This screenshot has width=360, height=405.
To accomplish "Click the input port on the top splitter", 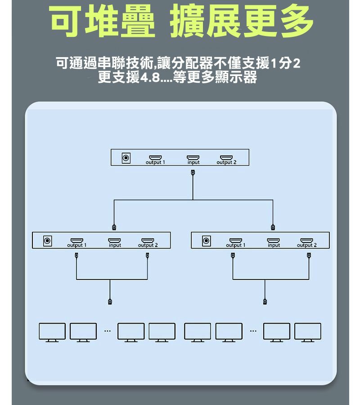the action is tap(193, 157).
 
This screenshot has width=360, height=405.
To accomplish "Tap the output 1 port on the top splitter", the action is tap(155, 157).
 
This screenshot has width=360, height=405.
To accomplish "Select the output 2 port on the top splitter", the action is tap(226, 157).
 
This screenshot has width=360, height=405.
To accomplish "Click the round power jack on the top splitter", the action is tap(126, 158).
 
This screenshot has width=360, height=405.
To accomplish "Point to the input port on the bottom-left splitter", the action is tap(114, 240).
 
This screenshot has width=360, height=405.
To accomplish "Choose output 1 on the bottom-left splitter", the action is tap(76, 240).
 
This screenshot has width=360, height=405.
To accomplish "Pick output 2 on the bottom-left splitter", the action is tap(148, 240).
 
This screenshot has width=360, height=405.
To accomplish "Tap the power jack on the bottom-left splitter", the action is tap(47, 241).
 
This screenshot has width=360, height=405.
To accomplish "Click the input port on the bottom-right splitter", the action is tap(273, 240).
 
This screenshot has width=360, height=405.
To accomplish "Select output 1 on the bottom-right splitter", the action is tap(236, 240).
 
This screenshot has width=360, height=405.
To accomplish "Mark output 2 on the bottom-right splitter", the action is tap(306, 240).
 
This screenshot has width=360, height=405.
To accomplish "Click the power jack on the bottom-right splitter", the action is tap(206, 241).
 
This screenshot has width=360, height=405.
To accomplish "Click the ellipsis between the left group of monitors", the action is tap(108, 331).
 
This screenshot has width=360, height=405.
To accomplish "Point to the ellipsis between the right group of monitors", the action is tap(253, 331).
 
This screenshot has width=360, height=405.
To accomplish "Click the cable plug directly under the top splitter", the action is tap(193, 172).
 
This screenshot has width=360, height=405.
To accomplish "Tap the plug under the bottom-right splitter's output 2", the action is tap(309, 255).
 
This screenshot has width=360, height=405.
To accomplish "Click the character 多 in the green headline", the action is tap(297, 21).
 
